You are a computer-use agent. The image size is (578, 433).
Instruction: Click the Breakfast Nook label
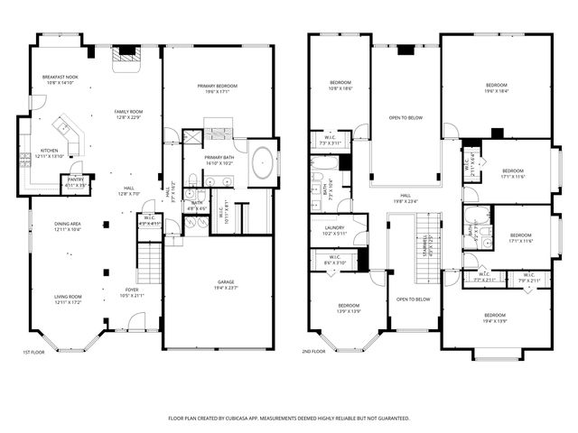click(61, 78)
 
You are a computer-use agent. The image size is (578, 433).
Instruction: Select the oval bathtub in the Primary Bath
click(263, 163)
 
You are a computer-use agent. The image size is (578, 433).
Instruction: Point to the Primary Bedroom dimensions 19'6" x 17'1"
click(217, 91)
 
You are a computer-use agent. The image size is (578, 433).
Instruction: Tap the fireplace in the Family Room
click(126, 56)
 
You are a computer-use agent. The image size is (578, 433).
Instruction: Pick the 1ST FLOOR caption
click(34, 353)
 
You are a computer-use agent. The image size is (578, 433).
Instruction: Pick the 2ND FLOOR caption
click(313, 353)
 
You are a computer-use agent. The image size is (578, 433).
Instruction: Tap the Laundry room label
click(335, 229)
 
